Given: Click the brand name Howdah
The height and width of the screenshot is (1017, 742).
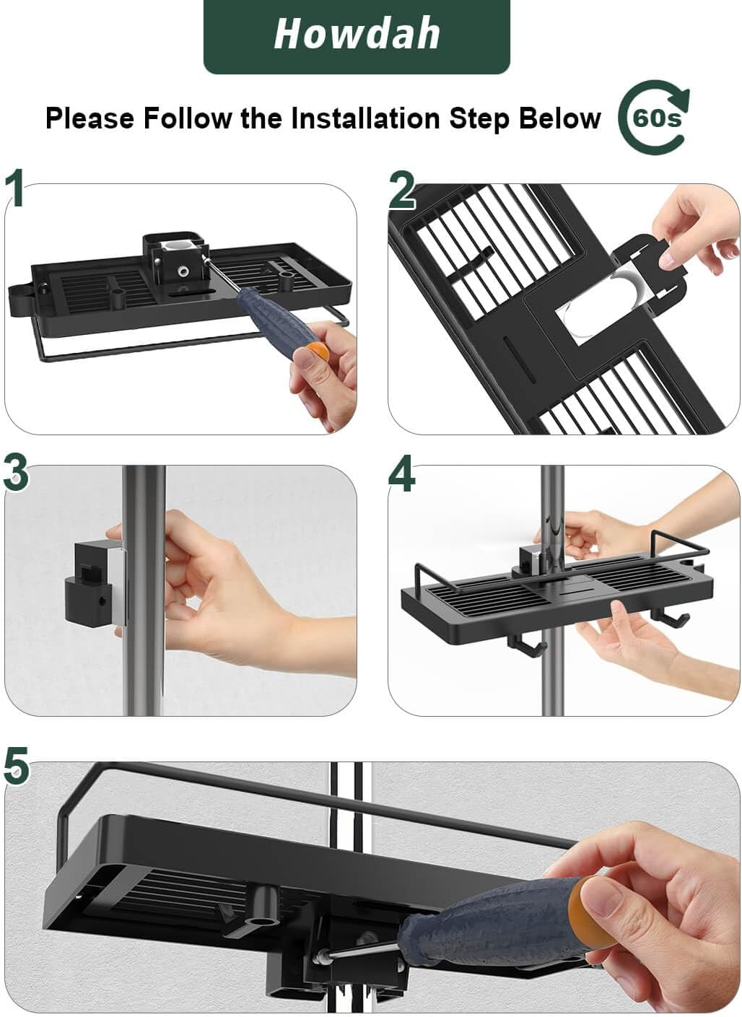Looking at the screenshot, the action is click(357, 35).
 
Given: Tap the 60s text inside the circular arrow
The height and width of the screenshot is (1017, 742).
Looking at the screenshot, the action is click(657, 119).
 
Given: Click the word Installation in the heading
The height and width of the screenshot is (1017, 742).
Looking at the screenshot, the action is click(365, 118).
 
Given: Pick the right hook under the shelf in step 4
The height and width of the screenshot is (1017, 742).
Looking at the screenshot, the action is click(669, 616).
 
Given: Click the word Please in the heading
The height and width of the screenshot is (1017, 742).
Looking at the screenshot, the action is click(90, 118).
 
